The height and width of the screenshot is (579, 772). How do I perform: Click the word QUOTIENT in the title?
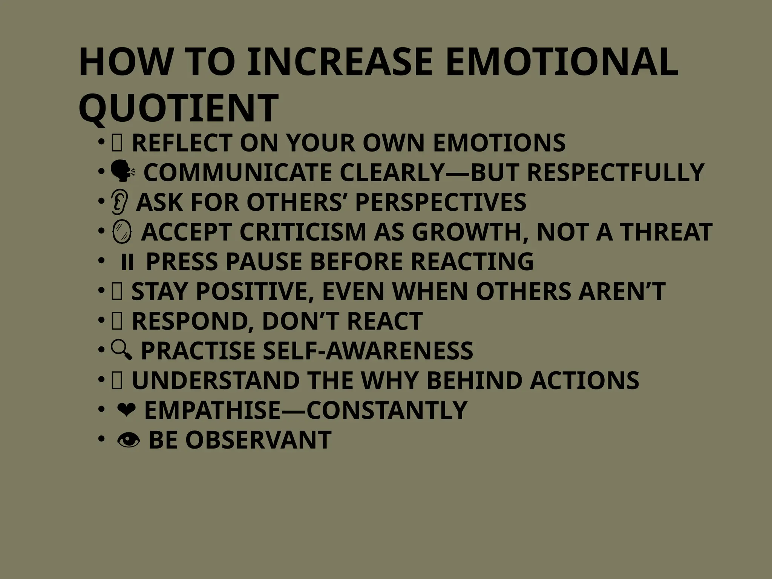click(x=178, y=109)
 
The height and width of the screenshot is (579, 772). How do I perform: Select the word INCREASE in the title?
click(x=340, y=62)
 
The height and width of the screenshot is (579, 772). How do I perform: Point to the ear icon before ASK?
click(x=120, y=202)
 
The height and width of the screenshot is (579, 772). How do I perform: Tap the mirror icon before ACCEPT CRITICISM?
click(x=122, y=231)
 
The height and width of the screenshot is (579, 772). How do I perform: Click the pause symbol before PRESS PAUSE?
click(x=127, y=262)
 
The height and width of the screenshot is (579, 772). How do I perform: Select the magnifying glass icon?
click(x=121, y=350)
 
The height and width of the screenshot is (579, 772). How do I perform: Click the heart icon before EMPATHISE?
click(x=126, y=410)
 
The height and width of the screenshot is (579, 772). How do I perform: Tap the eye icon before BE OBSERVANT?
click(x=128, y=440)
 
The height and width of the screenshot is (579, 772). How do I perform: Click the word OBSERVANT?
click(x=258, y=440)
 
